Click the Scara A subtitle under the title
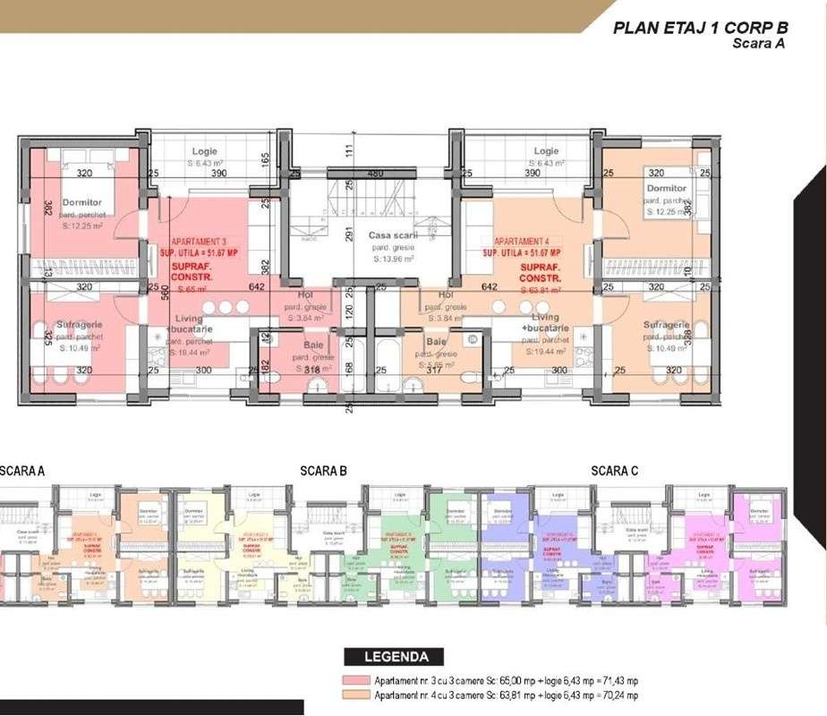[758, 43]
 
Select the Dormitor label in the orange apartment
[667, 188]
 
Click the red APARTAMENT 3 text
[200, 243]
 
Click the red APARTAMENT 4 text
[527, 242]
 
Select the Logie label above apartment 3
[204, 152]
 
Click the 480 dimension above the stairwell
[375, 173]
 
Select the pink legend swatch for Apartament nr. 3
[357, 680]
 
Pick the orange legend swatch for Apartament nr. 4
[357, 695]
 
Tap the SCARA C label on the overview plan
[614, 470]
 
